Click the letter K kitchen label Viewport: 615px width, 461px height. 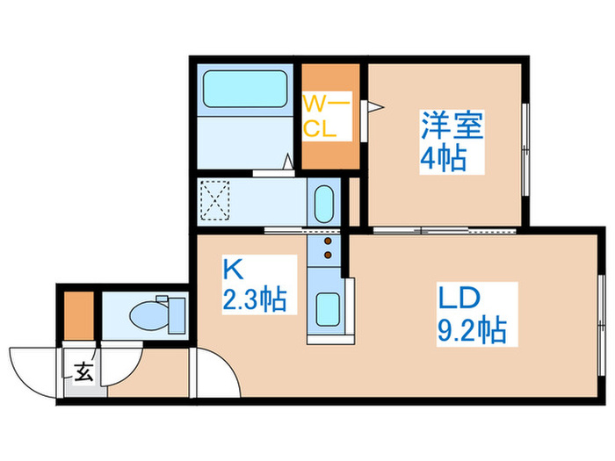tap(230, 267)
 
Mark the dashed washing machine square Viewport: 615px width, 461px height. tap(215, 200)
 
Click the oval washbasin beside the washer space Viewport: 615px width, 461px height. tap(323, 204)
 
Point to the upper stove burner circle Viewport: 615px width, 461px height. tap(329, 240)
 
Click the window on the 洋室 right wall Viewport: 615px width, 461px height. tap(525, 149)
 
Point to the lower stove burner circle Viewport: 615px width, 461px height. tap(329, 256)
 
